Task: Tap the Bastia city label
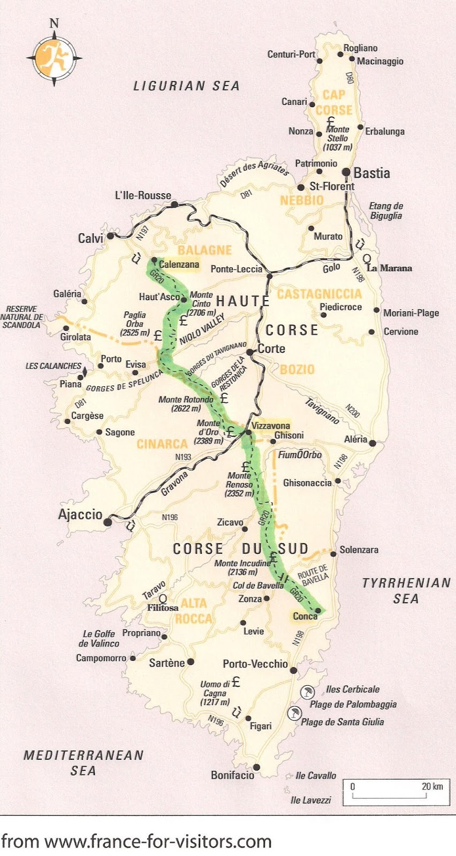(x=371, y=173)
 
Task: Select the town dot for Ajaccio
(x=108, y=522)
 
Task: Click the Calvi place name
(x=90, y=238)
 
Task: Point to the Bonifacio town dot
(x=257, y=767)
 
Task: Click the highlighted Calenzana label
(x=179, y=264)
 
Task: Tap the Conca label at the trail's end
(x=305, y=616)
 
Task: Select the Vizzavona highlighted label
(x=271, y=426)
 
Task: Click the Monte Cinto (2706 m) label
(x=202, y=303)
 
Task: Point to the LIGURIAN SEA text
(x=186, y=86)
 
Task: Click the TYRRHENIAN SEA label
(x=406, y=591)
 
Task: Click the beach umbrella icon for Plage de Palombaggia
(x=307, y=692)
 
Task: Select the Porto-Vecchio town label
(x=255, y=664)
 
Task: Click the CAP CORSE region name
(x=334, y=102)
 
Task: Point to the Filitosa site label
(x=163, y=608)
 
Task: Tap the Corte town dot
(x=250, y=352)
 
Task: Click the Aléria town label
(x=355, y=439)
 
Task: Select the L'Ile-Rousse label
(x=143, y=195)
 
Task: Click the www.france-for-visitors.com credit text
(x=136, y=841)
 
